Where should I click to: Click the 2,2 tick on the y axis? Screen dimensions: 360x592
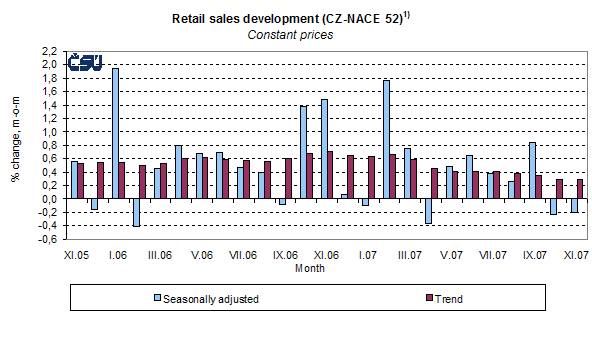click(x=49, y=51)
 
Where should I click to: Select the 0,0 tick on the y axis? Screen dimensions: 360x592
click(x=49, y=199)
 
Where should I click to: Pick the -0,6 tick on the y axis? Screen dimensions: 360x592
click(x=47, y=240)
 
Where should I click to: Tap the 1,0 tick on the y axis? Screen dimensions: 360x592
click(x=49, y=132)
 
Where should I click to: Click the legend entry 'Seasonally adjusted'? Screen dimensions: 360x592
click(x=208, y=298)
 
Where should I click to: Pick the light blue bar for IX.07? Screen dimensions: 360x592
click(x=532, y=170)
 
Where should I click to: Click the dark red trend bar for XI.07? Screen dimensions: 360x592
click(x=580, y=189)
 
